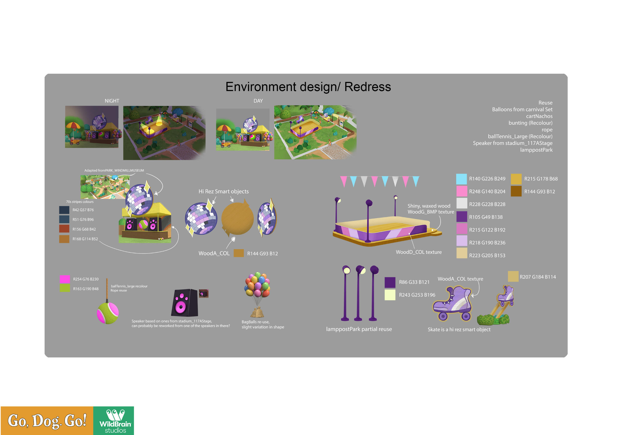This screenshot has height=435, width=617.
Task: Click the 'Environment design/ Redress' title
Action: (x=308, y=87)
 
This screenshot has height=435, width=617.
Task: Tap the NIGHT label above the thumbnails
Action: (x=112, y=101)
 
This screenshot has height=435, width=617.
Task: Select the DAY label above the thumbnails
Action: (x=258, y=101)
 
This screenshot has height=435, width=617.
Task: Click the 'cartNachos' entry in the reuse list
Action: (x=539, y=116)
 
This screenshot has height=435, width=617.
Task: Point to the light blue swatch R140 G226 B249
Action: (x=461, y=179)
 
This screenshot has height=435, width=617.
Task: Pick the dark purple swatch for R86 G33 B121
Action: (x=390, y=282)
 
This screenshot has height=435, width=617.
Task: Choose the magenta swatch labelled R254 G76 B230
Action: (x=65, y=279)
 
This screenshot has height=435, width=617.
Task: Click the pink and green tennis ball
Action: (x=108, y=313)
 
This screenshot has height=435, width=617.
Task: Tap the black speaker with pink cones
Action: (x=185, y=303)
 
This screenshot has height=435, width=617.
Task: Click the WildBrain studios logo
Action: (x=114, y=421)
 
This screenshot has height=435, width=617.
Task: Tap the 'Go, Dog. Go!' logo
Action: (x=47, y=421)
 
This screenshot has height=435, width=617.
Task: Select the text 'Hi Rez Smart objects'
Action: (x=224, y=191)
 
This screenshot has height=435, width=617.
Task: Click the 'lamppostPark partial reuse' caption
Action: (x=359, y=329)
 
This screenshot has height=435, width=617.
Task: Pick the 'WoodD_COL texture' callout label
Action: (x=419, y=252)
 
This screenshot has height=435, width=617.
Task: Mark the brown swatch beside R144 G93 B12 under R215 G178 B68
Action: (x=516, y=191)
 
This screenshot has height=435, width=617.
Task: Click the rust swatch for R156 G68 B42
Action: (x=64, y=229)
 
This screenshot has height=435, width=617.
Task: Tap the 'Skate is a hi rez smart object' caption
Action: (x=459, y=330)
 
